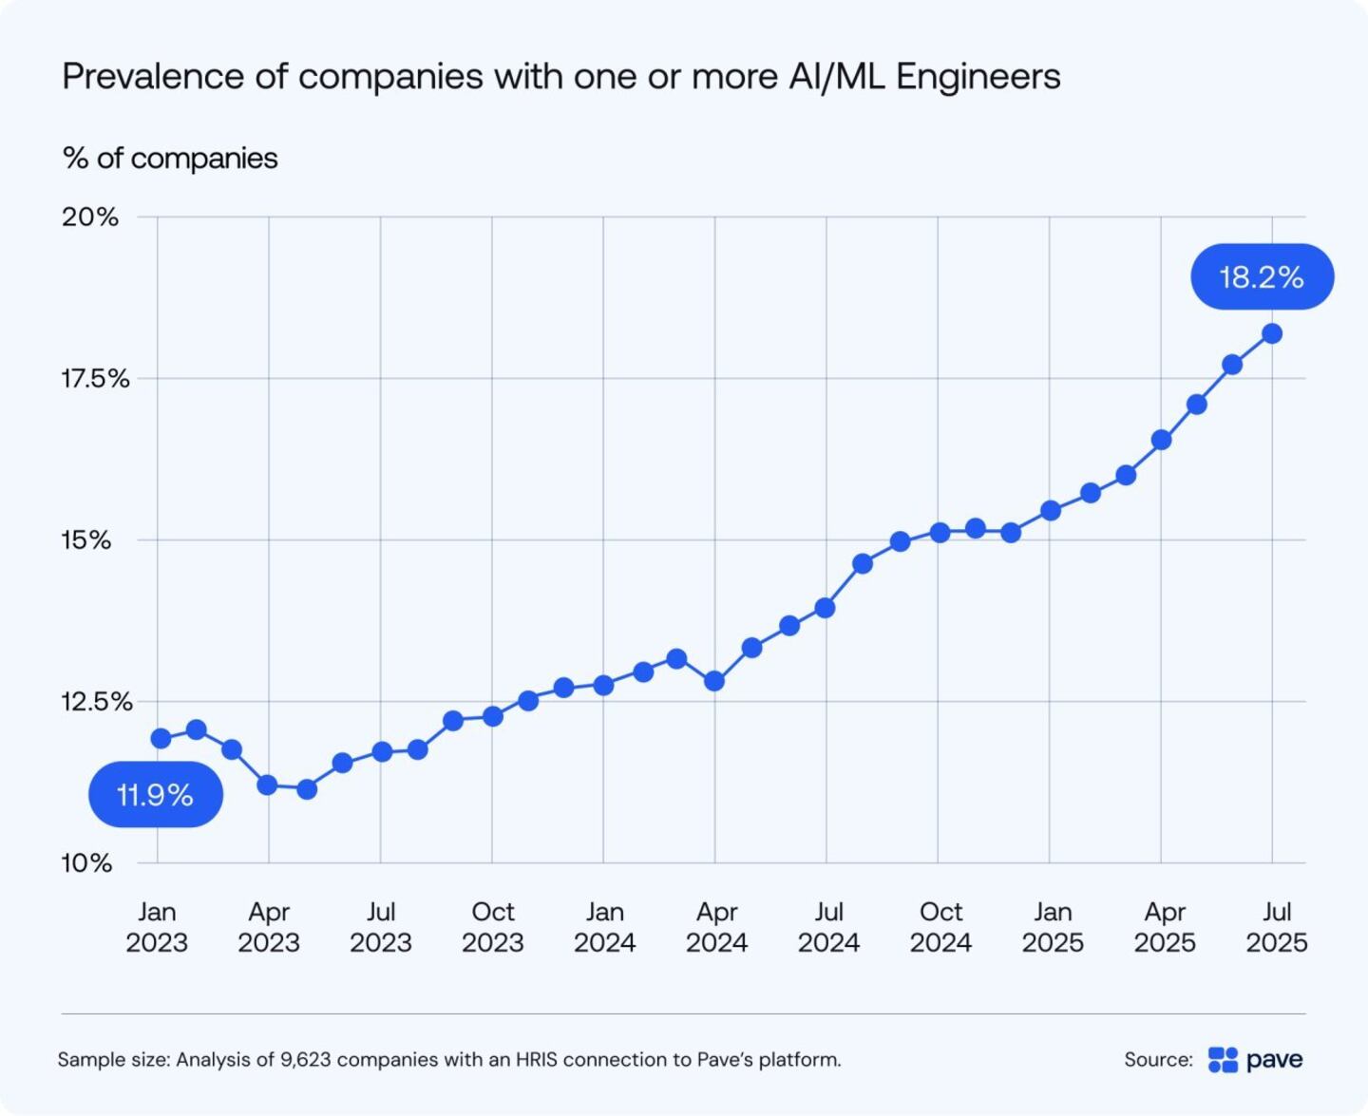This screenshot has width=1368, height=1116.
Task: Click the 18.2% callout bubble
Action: pos(1262,276)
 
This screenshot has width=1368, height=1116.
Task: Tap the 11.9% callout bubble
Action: pos(156,794)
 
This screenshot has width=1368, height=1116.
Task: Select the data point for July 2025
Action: pos(1272,333)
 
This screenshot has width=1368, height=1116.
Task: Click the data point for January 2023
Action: pos(161,738)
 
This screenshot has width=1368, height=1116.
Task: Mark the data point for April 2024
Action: pos(714,681)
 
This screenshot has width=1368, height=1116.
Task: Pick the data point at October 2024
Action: pos(940,533)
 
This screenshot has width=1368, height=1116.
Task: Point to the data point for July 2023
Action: pos(382,751)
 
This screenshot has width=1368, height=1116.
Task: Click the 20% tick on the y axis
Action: pos(90,217)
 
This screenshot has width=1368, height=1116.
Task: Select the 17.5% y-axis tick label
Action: pos(95,379)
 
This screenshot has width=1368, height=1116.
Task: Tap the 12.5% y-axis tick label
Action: pos(96,702)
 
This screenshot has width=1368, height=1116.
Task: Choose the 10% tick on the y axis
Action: pos(86,863)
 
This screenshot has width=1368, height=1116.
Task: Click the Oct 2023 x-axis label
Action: pos(493,927)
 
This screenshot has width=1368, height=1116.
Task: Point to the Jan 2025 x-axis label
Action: pos(1053,927)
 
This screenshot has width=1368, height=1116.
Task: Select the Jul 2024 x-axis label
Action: pos(828,927)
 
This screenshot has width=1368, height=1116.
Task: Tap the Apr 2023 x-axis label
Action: pos(269,927)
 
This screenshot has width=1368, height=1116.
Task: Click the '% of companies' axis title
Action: pos(170,158)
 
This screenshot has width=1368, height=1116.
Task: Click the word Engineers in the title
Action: pos(978,76)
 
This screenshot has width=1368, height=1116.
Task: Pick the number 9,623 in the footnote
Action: pos(306,1059)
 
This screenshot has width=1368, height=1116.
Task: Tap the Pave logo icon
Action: pos(1223,1060)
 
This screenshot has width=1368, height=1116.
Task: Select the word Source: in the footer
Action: pos(1158,1060)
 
